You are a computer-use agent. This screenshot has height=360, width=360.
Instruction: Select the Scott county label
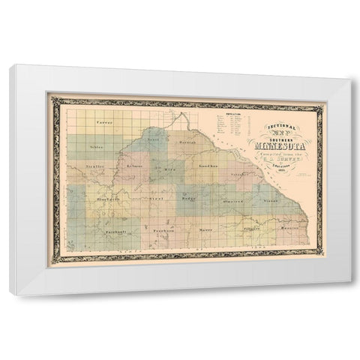click(154, 139)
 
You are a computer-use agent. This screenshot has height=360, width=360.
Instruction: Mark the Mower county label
click(207, 228)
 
